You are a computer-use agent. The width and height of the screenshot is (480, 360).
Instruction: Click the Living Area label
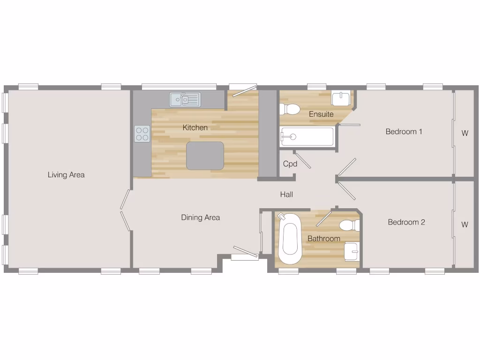tap(66, 175)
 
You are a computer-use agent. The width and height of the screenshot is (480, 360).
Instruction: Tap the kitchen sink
tap(185, 99)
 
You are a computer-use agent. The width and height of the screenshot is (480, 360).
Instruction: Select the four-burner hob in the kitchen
tap(142, 134)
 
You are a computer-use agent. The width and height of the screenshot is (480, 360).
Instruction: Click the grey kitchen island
tap(205, 156)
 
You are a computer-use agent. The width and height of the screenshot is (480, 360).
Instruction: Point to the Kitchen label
tap(195, 127)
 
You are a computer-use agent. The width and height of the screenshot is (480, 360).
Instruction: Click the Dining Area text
tap(200, 217)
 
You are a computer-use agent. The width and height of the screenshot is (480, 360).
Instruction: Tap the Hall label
tap(286, 194)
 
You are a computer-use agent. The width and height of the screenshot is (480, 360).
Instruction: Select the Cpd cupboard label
tap(290, 164)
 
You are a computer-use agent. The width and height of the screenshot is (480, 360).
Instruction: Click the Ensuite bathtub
tap(307, 137)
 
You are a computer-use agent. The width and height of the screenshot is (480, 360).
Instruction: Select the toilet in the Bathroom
tap(349, 225)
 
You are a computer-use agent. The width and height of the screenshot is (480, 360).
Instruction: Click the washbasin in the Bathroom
tap(351, 251)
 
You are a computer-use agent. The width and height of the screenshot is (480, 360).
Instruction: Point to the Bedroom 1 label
tap(404, 132)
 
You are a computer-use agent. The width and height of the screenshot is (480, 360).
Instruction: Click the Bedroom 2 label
tap(406, 222)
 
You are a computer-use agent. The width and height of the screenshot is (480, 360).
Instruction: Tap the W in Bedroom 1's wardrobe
tap(465, 133)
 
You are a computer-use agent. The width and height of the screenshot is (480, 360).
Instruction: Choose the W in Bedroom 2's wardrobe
tap(465, 225)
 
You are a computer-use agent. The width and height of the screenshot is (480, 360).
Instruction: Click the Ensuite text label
tap(321, 114)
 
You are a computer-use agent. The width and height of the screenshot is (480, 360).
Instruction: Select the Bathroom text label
tap(323, 239)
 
